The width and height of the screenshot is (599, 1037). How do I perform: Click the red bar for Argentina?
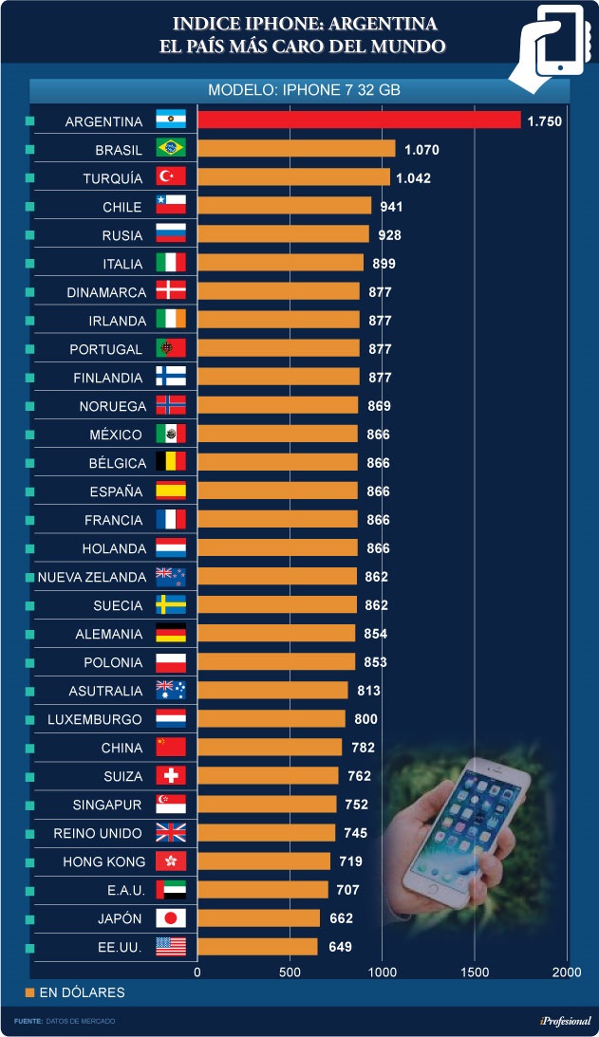(359, 120)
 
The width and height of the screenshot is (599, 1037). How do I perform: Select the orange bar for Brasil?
(296, 149)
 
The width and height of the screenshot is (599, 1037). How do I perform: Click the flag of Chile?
(171, 206)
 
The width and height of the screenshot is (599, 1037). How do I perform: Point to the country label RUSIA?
(122, 235)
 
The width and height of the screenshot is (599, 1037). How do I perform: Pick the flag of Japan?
(171, 918)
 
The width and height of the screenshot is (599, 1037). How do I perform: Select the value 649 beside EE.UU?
(340, 947)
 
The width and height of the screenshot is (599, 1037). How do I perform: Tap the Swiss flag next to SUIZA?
(171, 776)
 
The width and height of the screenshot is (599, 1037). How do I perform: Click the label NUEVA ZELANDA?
(92, 577)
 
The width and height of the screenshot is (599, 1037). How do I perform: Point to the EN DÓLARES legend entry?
(75, 992)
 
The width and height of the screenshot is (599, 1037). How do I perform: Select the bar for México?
(277, 434)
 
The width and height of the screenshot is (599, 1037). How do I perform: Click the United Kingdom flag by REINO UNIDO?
(171, 833)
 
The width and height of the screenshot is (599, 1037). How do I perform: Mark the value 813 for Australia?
(370, 691)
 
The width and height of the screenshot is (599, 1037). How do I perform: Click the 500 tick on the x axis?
(290, 972)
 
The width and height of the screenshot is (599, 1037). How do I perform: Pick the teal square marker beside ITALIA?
(30, 264)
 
